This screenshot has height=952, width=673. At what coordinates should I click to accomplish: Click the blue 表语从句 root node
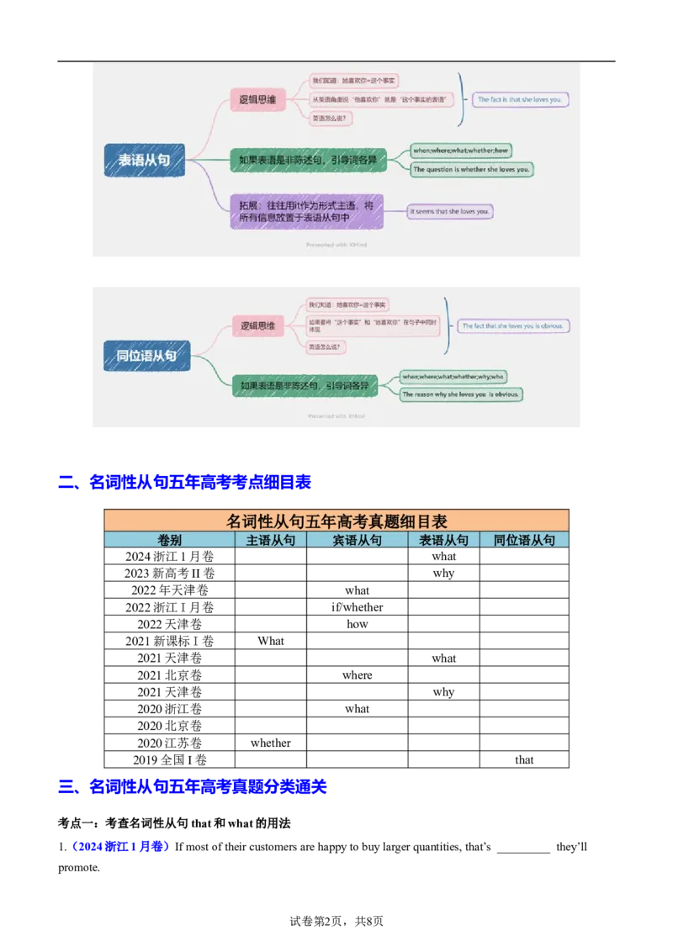tap(144, 161)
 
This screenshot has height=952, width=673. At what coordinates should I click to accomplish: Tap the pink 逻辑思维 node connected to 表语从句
tap(258, 101)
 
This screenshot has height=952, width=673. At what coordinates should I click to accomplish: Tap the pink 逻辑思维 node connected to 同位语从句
tap(257, 325)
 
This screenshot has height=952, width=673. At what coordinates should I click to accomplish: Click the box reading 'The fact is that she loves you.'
tap(521, 99)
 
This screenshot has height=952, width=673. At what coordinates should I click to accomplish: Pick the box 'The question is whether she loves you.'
tap(472, 169)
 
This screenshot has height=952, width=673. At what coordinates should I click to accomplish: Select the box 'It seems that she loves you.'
tap(450, 211)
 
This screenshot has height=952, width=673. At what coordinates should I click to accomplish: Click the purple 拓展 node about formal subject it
tap(306, 211)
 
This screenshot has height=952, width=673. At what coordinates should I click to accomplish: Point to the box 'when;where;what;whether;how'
tap(461, 151)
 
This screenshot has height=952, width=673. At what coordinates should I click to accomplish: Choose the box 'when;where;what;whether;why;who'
tap(453, 376)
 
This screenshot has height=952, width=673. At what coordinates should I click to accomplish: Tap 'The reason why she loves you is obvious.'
tap(461, 394)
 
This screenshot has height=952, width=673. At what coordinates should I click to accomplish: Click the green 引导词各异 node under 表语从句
tap(308, 160)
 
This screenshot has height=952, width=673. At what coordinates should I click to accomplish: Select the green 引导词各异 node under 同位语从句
tap(304, 386)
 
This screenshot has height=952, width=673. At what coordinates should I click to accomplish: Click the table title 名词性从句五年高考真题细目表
tap(336, 521)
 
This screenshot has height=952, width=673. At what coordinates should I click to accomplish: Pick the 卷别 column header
tap(169, 541)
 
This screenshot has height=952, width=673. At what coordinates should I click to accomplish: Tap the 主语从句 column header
tap(270, 541)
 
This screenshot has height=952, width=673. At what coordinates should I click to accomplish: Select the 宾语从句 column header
tap(357, 541)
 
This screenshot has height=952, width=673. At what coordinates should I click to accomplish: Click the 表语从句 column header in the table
tap(443, 541)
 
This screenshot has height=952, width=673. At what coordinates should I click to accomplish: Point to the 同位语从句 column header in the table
tap(524, 541)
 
